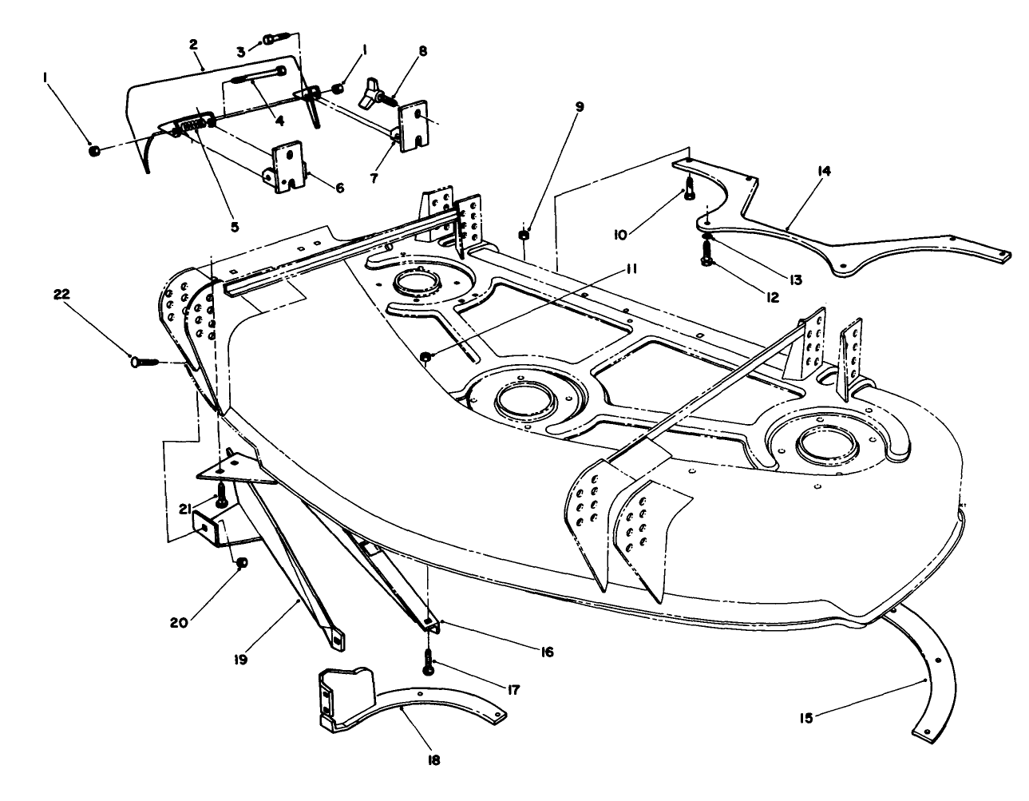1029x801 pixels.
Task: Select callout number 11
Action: [631, 271]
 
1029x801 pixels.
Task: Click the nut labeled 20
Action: [242, 563]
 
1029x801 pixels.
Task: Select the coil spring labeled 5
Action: [198, 126]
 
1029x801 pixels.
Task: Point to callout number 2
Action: [193, 44]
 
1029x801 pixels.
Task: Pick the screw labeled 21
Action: [222, 497]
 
